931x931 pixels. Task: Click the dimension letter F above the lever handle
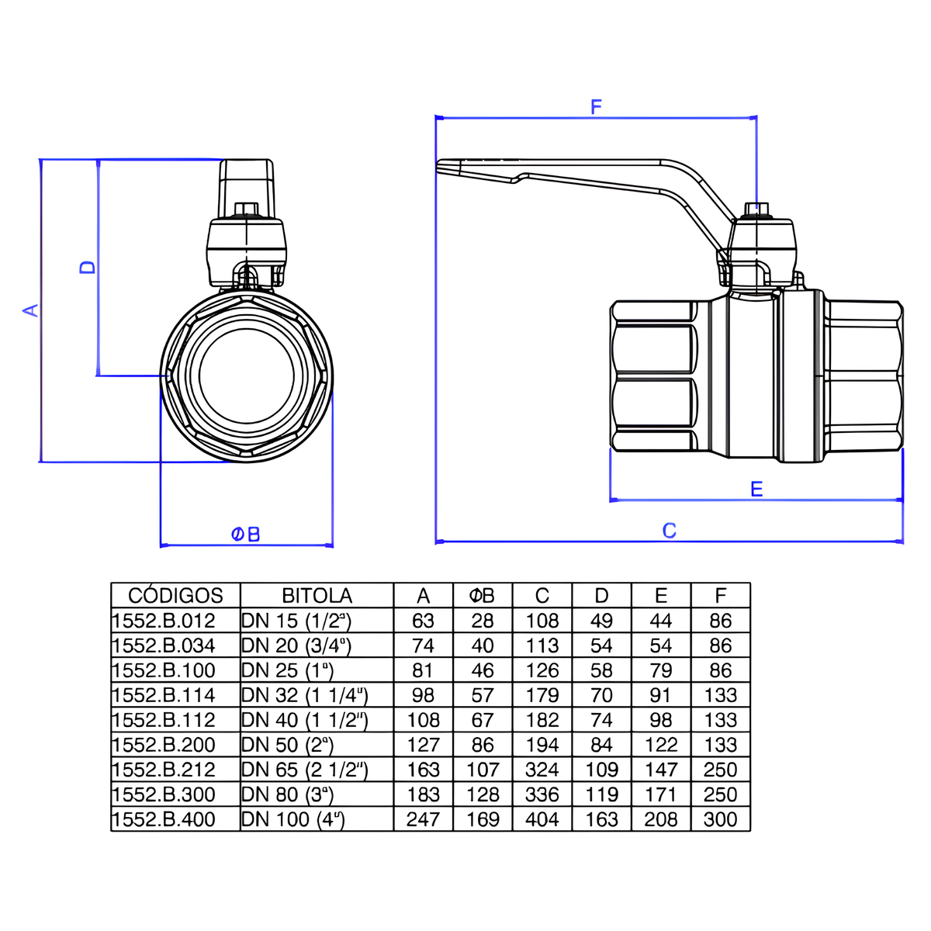click(x=596, y=107)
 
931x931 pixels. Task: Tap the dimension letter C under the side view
click(x=669, y=531)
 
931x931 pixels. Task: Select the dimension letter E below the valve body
click(x=756, y=489)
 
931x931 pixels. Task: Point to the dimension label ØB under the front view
click(x=246, y=535)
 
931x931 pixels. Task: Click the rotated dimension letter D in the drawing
click(x=88, y=266)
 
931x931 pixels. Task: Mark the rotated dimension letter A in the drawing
click(x=30, y=310)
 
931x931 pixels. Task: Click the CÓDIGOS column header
click(x=175, y=596)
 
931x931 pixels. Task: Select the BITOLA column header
click(x=317, y=596)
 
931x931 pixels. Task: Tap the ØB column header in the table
click(x=482, y=596)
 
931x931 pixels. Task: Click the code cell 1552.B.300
click(x=164, y=794)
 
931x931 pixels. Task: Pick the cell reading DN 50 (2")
click(x=287, y=745)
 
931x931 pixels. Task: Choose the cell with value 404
click(x=542, y=819)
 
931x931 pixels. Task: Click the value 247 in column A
click(x=423, y=819)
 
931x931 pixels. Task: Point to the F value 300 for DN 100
click(x=720, y=819)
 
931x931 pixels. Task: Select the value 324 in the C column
click(x=542, y=770)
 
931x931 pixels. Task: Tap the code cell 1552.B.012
click(x=164, y=621)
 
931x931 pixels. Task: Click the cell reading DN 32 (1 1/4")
click(x=304, y=695)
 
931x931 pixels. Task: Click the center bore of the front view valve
click(x=247, y=376)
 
